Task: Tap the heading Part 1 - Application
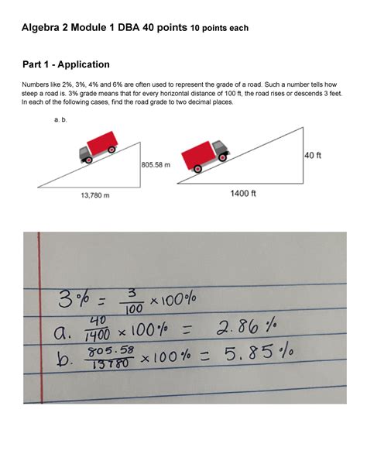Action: tap(66, 64)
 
